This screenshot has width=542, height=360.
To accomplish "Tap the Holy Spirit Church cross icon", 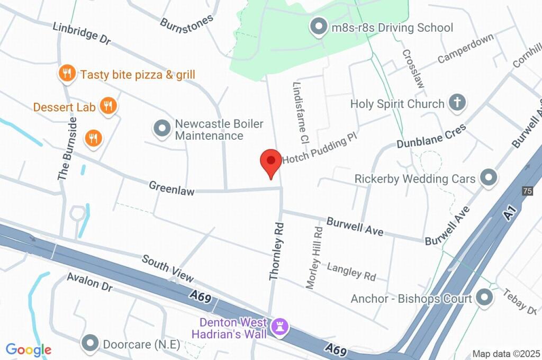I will (x=456, y=103).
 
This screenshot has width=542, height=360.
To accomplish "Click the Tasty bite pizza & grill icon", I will (x=67, y=74).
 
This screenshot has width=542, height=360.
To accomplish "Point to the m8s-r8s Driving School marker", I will (x=319, y=27).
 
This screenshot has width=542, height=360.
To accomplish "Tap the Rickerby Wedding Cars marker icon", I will (x=488, y=178).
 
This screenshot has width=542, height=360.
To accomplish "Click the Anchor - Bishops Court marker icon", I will (x=484, y=298).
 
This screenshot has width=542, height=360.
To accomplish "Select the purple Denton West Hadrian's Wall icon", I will (x=280, y=327).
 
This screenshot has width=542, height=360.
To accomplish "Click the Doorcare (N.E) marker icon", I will (x=91, y=344).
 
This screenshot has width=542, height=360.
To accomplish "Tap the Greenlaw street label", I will (x=171, y=187).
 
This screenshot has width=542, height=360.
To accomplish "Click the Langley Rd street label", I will (x=351, y=271).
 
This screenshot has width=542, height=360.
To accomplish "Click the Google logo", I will (x=29, y=350).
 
